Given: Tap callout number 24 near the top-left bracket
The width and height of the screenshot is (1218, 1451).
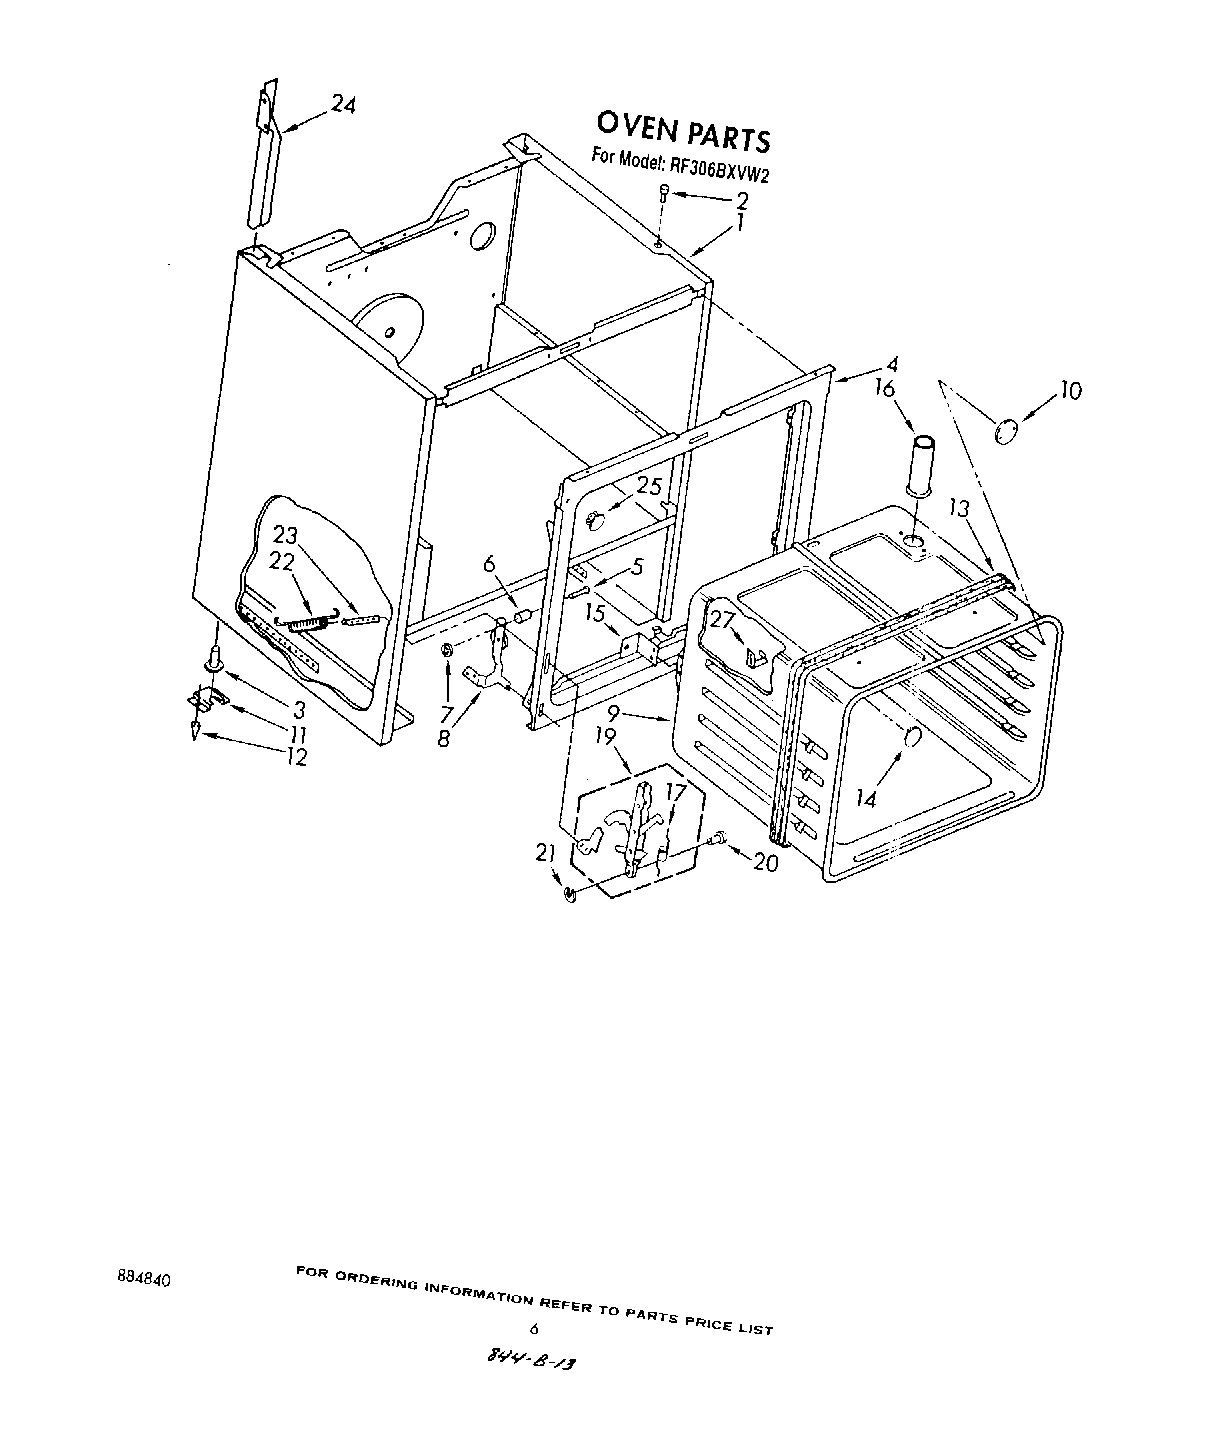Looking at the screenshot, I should pyautogui.click(x=342, y=105).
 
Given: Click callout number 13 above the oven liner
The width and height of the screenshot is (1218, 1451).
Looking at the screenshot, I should pyautogui.click(x=959, y=509).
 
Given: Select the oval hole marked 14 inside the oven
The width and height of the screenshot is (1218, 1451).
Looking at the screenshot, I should pyautogui.click(x=911, y=737).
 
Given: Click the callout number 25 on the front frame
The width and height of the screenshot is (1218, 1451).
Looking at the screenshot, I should pyautogui.click(x=649, y=487).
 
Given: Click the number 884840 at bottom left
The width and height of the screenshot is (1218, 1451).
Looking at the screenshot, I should pyautogui.click(x=143, y=1279).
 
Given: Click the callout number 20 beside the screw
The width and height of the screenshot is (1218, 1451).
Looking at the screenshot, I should pyautogui.click(x=765, y=861).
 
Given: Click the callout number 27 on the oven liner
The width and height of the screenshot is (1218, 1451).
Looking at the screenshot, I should pyautogui.click(x=722, y=619).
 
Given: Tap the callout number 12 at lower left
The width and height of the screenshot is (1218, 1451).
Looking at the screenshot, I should pyautogui.click(x=295, y=757).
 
